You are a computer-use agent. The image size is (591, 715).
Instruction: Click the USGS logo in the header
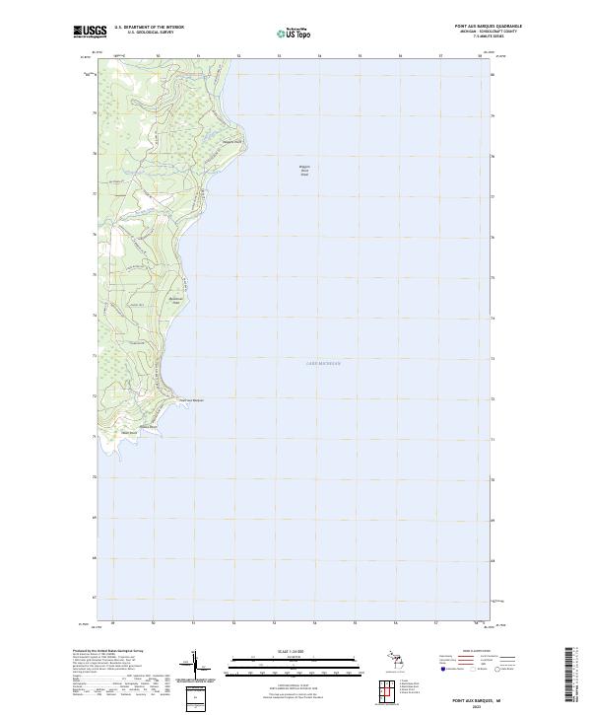[x=90, y=33]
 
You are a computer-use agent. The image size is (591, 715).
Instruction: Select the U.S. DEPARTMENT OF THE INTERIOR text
[x=149, y=28]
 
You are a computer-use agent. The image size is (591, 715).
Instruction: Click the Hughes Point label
[x=148, y=426]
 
